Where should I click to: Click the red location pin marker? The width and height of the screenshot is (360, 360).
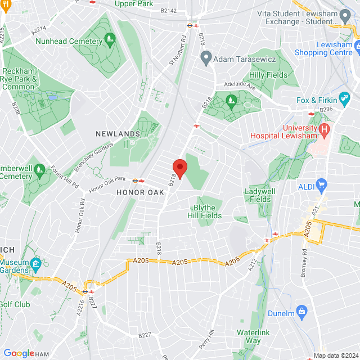coord(179,168)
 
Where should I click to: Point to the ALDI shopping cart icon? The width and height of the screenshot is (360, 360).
coord(321,184)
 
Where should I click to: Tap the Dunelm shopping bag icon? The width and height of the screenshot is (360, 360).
coord(302,310)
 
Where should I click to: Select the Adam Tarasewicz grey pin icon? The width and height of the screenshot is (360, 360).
coord(206,57)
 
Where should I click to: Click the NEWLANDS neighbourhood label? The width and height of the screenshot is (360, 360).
coord(118,134)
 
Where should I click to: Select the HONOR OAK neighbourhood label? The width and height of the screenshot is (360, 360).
coord(140,192)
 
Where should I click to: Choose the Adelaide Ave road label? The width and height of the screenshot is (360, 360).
coord(240,88)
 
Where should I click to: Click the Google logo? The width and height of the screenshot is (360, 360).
coord(19,353)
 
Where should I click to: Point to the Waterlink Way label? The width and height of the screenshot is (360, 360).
coord(253,336)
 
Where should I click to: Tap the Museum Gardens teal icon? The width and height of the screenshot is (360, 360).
coord(36,263)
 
